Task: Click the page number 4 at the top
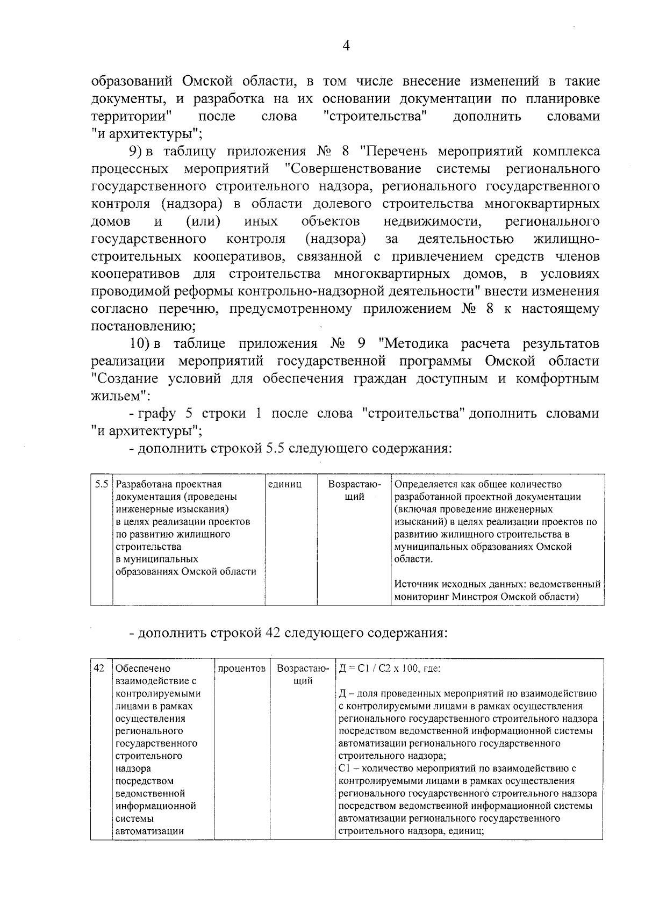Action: pyautogui.click(x=346, y=46)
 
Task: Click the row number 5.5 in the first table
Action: pyautogui.click(x=102, y=484)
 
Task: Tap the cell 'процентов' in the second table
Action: pyautogui.click(x=242, y=669)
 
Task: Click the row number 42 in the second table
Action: pyautogui.click(x=99, y=668)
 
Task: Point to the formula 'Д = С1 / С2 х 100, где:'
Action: pyautogui.click(x=390, y=669)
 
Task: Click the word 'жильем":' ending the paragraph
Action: pyautogui.click(x=120, y=396)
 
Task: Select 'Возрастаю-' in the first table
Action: pyautogui.click(x=354, y=484)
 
